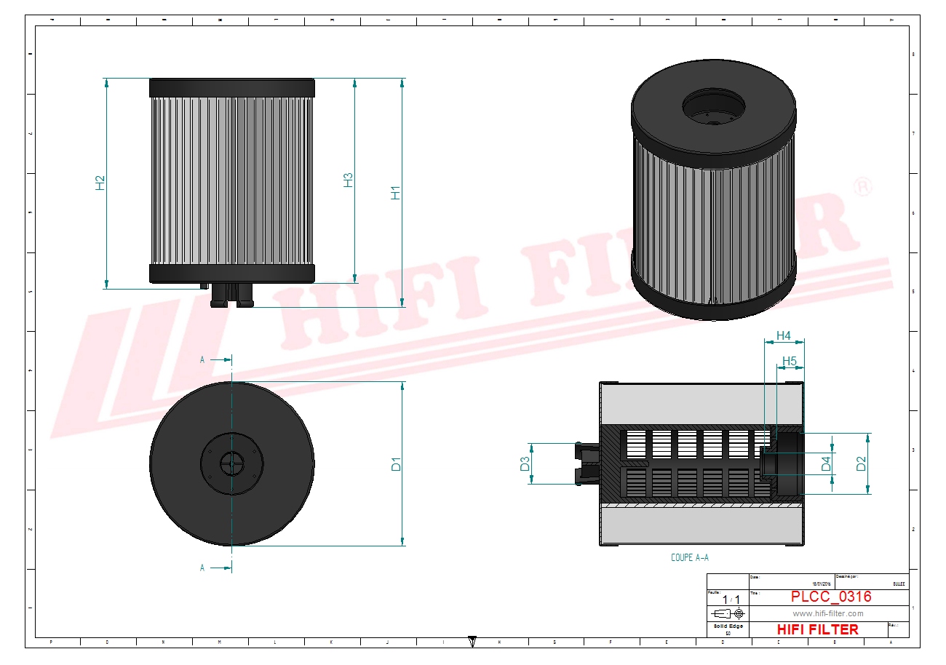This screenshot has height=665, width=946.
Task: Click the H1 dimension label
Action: [396, 193]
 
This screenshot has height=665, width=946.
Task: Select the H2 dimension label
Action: [100, 183]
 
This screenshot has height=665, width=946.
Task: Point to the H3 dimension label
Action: [348, 180]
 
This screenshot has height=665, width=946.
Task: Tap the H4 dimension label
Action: [783, 335]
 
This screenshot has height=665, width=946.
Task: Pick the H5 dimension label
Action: [790, 361]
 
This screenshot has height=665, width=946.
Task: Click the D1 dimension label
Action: [396, 463]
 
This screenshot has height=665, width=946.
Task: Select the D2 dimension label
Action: [862, 463]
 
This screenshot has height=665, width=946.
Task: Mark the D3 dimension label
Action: [525, 463]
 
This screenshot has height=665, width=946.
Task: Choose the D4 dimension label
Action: [826, 463]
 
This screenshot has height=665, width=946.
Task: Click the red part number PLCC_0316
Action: [830, 597]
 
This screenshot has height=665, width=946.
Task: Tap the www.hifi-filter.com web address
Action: [827, 613]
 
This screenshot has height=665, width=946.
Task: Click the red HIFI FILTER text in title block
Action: [817, 629]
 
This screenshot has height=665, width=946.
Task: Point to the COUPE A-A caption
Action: [689, 557]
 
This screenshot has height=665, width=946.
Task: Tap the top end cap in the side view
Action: [232, 88]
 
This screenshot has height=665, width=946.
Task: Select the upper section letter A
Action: [202, 359]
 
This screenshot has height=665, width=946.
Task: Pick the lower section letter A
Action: [202, 568]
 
